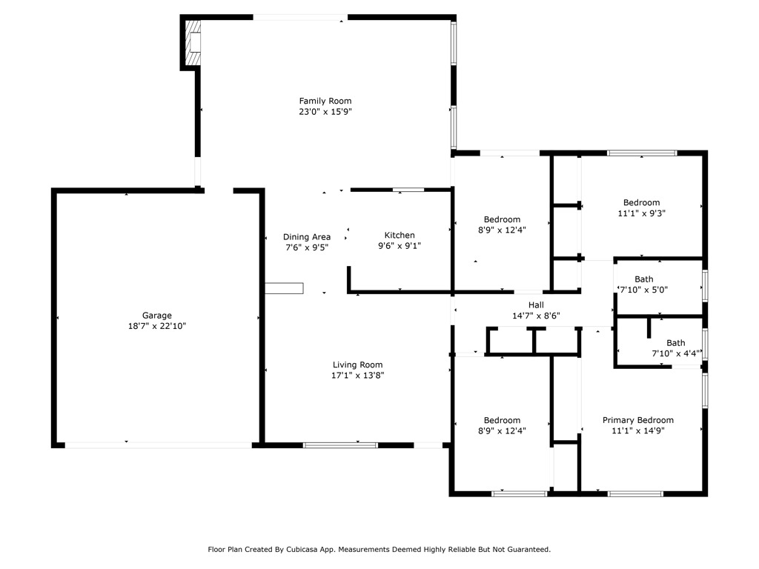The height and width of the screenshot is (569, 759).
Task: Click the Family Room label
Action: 325,101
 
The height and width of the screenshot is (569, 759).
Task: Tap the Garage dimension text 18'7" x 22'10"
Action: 157,325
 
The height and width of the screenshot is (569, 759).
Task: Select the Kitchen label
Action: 400,236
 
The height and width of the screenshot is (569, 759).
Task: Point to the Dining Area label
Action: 307,237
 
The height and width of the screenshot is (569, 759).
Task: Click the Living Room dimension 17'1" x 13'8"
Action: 357,375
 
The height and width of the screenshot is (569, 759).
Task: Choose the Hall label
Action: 536,305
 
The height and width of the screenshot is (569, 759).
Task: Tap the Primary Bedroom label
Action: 637,420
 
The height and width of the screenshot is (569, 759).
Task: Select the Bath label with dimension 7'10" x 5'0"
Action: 643,279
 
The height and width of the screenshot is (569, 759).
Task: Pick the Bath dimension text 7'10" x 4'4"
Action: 675,353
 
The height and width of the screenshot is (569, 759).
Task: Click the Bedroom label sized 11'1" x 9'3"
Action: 641,202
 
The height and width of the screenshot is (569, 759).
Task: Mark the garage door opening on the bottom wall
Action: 158,445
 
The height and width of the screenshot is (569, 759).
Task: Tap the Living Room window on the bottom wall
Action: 340,445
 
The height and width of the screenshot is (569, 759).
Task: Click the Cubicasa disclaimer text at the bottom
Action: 379,550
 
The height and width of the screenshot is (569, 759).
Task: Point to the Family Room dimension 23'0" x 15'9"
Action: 325,112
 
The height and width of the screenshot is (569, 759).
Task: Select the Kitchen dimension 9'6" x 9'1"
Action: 400,246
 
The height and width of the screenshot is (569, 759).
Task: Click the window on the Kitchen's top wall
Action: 408,190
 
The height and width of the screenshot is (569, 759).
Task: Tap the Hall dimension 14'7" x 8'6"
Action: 536,315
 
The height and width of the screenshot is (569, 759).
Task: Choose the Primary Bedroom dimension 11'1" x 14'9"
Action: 637,430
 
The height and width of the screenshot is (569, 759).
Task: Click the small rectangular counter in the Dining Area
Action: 285,288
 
